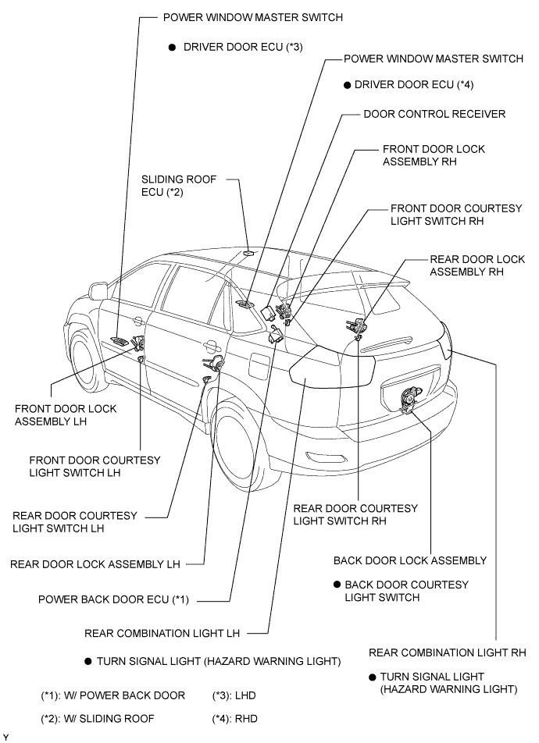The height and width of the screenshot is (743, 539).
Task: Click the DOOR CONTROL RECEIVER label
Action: [x=434, y=114]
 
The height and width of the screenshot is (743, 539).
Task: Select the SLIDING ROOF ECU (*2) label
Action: [x=179, y=186]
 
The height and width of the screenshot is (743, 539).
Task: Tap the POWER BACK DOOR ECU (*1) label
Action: [x=113, y=600]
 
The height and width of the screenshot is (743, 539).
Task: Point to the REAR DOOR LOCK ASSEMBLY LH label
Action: [x=95, y=564]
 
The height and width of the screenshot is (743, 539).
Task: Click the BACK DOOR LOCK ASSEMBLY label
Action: [x=410, y=560]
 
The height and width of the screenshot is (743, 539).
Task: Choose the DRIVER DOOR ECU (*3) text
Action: [x=243, y=47]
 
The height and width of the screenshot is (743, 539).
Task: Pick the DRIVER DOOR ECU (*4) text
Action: [x=414, y=85]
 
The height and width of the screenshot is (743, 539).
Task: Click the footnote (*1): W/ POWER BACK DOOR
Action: [x=113, y=695]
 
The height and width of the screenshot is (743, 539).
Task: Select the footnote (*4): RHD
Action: [x=234, y=719]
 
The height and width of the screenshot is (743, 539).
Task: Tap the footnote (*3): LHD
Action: [x=234, y=695]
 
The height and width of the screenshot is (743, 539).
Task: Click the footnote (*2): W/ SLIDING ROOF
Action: [x=98, y=719]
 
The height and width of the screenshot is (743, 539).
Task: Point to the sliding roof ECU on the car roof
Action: [x=248, y=253]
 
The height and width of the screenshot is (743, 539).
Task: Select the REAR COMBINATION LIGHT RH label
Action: [x=448, y=652]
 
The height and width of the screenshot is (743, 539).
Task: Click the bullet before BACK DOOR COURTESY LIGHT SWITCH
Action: [x=337, y=585]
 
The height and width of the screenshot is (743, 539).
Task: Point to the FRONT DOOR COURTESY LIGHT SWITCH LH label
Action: [x=95, y=466]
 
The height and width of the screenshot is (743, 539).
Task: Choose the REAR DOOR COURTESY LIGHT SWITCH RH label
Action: [x=355, y=514]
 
